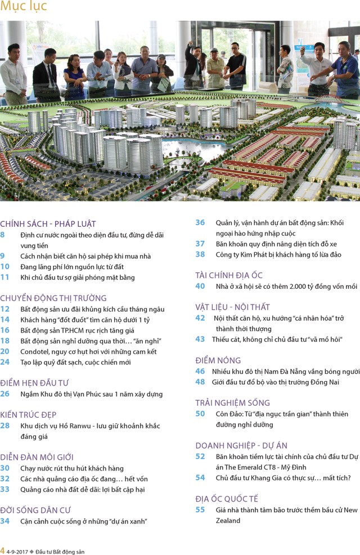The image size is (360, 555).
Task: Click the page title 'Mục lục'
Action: click(x=24, y=7)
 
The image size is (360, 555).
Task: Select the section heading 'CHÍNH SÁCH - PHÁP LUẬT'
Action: click(x=48, y=224)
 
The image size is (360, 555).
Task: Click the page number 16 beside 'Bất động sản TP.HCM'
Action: click(x=5, y=330)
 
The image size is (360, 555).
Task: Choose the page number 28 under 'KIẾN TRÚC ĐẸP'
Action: click(x=5, y=426)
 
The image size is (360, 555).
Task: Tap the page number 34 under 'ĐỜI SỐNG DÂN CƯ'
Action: click(x=5, y=521)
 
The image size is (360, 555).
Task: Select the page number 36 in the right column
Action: click(x=200, y=222)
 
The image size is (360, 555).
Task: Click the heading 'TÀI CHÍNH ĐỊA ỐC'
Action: click(x=229, y=275)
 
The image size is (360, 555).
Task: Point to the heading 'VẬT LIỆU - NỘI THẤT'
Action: click(x=232, y=307)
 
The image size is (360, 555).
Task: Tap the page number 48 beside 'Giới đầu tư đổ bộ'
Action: click(x=200, y=382)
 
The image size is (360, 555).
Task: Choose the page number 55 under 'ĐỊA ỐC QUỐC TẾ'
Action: click(x=200, y=510)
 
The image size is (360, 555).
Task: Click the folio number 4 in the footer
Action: click(x=3, y=550)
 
